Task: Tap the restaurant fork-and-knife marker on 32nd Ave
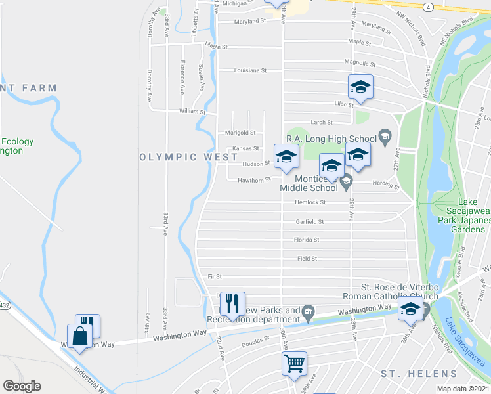[x=232, y=303]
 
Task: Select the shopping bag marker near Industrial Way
[x=80, y=336]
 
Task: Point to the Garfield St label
[x=310, y=222]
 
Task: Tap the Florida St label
[x=307, y=240]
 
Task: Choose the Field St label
[x=307, y=259]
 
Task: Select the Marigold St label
[x=240, y=133]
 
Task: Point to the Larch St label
[x=321, y=122]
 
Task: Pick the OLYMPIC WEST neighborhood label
[x=189, y=158]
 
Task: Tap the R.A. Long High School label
[x=331, y=139]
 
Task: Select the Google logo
[x=22, y=386]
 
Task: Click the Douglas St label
[x=255, y=340]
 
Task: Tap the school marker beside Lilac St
[x=360, y=86]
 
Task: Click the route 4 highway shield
[x=428, y=7]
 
